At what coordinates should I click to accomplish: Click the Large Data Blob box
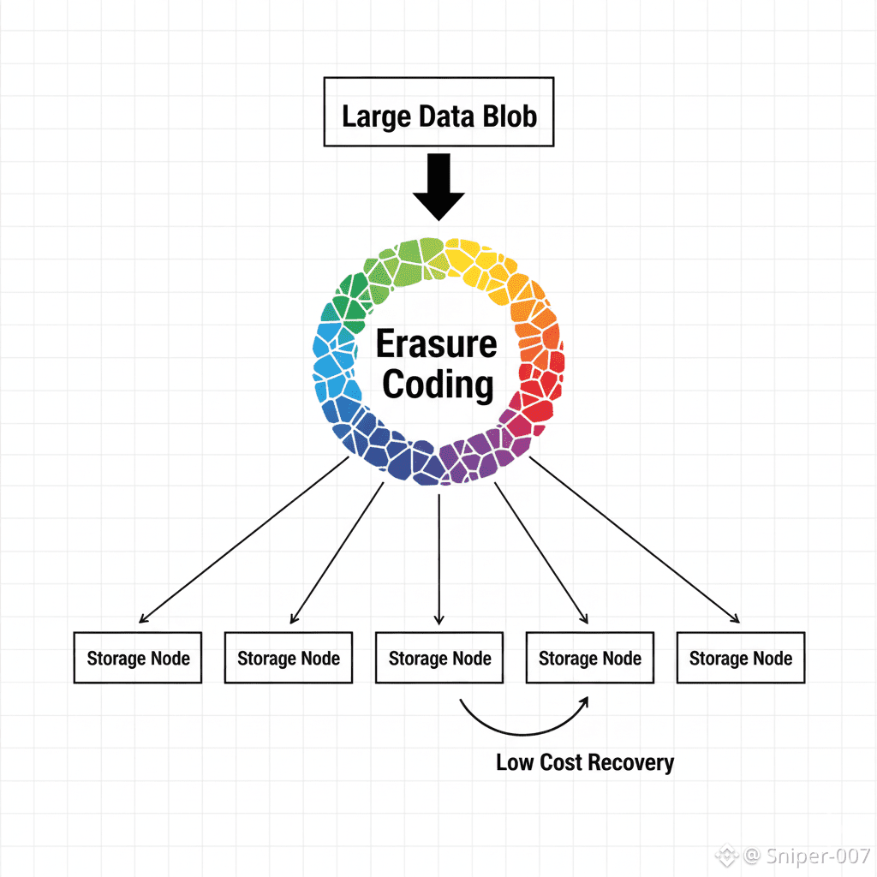(438, 112)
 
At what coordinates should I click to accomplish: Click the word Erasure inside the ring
(437, 344)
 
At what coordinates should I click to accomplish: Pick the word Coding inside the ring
(438, 385)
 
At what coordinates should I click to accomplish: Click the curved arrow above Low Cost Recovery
(524, 724)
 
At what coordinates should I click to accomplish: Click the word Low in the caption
(515, 762)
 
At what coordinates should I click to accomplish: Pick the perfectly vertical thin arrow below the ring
(438, 557)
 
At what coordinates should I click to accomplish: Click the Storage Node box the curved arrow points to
(589, 658)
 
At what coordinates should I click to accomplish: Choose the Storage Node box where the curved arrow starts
(439, 658)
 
